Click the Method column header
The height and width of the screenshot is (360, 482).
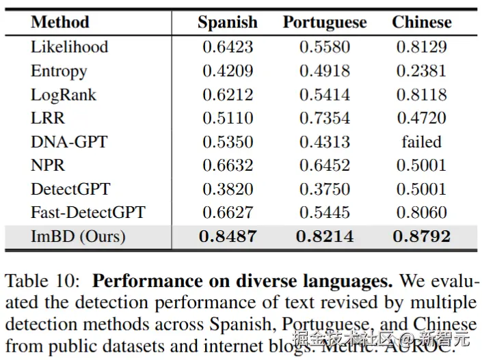(x=60, y=22)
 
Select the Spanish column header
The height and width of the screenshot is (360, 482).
(x=228, y=22)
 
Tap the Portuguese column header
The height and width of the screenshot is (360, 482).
(x=325, y=22)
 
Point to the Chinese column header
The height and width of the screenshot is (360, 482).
(x=422, y=22)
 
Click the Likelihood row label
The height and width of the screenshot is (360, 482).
(x=69, y=47)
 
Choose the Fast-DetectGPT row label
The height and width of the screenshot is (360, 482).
(x=88, y=212)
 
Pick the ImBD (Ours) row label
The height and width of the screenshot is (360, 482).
(x=78, y=236)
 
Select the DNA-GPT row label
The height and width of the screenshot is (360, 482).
(x=69, y=142)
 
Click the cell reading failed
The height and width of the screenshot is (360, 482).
(x=422, y=142)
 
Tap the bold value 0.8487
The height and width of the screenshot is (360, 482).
(x=228, y=236)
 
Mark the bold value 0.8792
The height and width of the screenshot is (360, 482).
(x=422, y=236)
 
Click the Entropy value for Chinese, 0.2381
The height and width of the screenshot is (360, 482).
(x=422, y=71)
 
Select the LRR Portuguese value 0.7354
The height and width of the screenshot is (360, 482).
(x=325, y=118)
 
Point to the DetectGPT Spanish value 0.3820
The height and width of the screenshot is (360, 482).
(x=228, y=189)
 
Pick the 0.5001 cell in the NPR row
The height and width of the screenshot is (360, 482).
(x=422, y=165)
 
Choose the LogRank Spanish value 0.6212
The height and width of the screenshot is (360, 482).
(x=228, y=95)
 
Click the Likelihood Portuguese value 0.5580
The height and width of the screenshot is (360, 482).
(x=325, y=47)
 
